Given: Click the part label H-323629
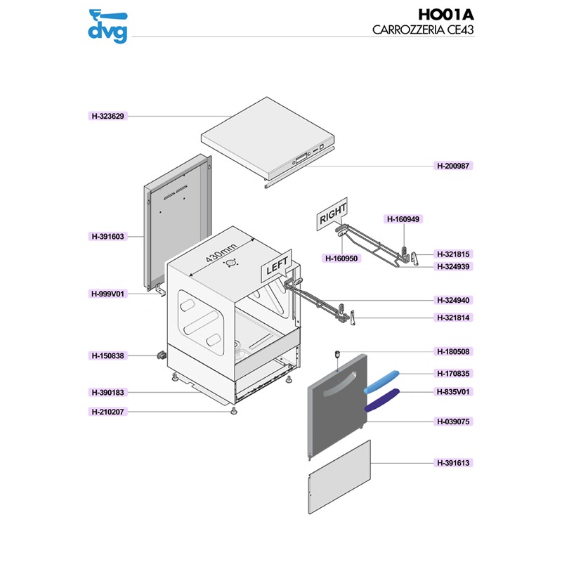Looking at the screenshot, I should point(107,116).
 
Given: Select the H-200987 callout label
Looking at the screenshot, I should point(453,166).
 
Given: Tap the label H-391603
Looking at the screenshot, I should point(107,237).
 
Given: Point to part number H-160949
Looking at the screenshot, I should point(403,219).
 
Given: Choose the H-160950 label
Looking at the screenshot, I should point(342,259).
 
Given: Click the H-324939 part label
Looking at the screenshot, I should point(453,266).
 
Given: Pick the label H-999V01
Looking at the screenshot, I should point(107,294).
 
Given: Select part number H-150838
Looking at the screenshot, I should point(107,356).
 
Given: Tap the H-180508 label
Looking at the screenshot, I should point(453,351).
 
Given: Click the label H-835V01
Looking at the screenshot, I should point(453,392).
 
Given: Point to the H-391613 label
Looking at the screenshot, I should point(453,463).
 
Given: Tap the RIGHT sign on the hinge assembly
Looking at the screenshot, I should point(333,216).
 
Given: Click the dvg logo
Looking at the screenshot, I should point(108,25).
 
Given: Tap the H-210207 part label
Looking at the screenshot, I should point(107,412).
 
